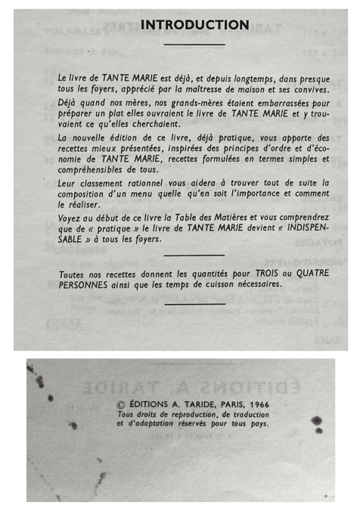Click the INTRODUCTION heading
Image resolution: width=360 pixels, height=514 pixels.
194,25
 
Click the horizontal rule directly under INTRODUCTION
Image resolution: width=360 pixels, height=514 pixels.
194,45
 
